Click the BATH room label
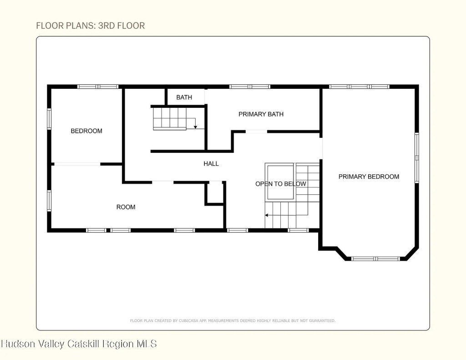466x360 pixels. coord(184,97)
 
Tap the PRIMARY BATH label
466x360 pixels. coord(261,114)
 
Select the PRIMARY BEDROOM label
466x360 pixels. coord(369,177)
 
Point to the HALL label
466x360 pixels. coord(211,163)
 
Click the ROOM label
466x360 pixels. coord(126,207)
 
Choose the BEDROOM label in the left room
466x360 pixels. coord(86,131)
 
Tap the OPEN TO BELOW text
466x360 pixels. coord(281,184)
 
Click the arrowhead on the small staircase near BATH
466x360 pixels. coord(195,127)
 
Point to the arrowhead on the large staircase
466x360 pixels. coord(267,215)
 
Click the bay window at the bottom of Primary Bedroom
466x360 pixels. coord(375,259)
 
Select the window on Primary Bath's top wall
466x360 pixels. coord(250,86)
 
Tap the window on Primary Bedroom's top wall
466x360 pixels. coord(359,86)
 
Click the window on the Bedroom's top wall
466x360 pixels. coord(98,86)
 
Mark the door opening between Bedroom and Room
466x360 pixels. coord(77,164)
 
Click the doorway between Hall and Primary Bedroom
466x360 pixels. coord(321,148)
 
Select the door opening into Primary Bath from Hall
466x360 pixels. coord(256,132)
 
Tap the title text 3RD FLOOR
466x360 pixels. coord(122,25)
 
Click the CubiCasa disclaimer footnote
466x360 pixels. coord(233,320)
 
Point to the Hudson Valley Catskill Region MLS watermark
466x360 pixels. coord(79,344)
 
